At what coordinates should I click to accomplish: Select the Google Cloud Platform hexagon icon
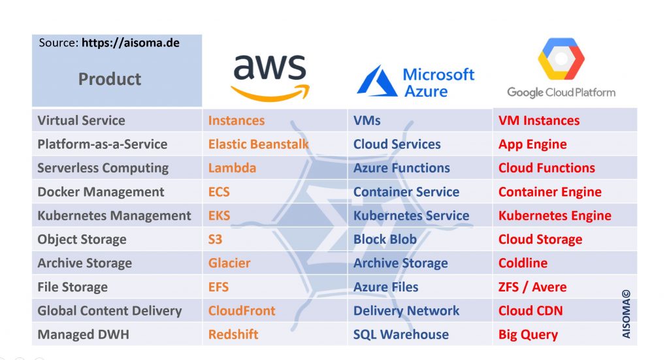click(561, 59)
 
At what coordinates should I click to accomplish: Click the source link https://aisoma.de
click(130, 43)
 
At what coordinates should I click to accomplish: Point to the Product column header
click(110, 79)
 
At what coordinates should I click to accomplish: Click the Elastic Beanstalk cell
click(258, 144)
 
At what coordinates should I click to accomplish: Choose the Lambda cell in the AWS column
click(232, 168)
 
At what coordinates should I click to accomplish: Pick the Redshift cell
click(233, 335)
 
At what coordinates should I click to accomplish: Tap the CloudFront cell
click(242, 311)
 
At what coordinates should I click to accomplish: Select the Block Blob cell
click(385, 239)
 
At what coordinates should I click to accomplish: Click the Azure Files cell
click(385, 287)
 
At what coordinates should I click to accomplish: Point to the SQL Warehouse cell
click(400, 335)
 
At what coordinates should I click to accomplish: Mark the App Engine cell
click(532, 144)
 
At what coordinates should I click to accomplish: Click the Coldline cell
click(523, 263)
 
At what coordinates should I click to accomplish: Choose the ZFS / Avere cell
click(532, 287)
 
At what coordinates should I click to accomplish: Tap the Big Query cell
click(528, 335)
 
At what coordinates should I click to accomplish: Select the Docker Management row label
click(101, 192)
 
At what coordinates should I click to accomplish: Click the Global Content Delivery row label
click(109, 311)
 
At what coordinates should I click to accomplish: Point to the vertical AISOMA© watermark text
click(627, 314)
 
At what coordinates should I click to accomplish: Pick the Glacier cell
click(229, 263)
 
